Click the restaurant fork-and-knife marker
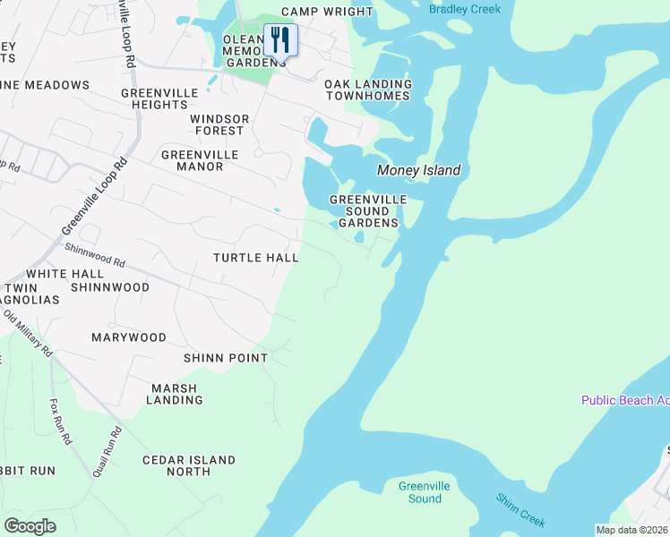click(x=280, y=39)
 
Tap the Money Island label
click(x=418, y=170)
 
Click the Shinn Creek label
click(x=521, y=510)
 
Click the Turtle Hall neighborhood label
click(x=255, y=258)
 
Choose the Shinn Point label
click(x=226, y=358)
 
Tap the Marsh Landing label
click(x=176, y=394)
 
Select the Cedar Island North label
click(x=189, y=465)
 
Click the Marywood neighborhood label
click(x=129, y=337)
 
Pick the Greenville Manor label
click(x=200, y=160)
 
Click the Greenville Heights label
click(x=153, y=98)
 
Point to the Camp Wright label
click(x=327, y=12)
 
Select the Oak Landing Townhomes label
click(x=368, y=90)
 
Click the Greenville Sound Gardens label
click(x=368, y=210)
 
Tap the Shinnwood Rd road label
click(x=94, y=255)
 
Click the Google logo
click(x=30, y=525)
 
